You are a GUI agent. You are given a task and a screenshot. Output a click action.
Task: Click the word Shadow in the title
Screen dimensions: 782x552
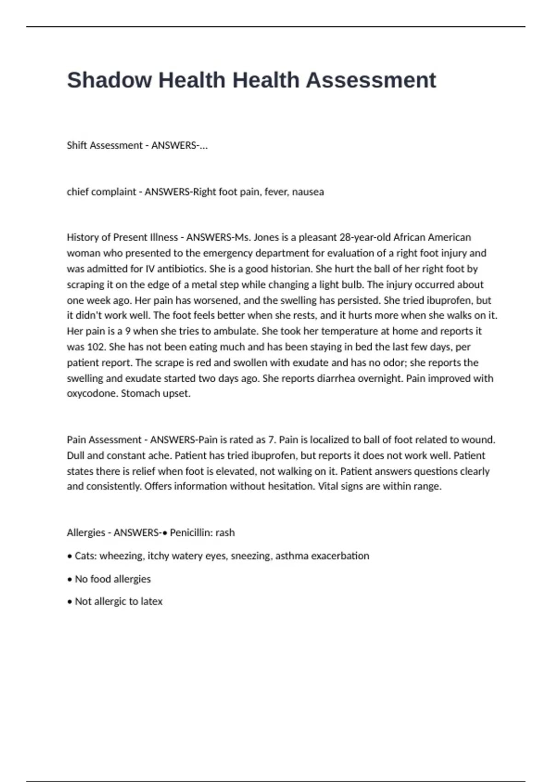tap(109, 80)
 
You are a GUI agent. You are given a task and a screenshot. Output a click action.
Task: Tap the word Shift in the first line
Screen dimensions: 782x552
tap(77, 145)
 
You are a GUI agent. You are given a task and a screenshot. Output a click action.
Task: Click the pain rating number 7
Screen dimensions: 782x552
tap(271, 440)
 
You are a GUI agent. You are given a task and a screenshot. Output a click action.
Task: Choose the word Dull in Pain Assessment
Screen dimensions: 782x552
tap(76, 455)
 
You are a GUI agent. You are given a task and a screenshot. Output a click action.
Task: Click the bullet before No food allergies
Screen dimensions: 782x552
tap(70, 579)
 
